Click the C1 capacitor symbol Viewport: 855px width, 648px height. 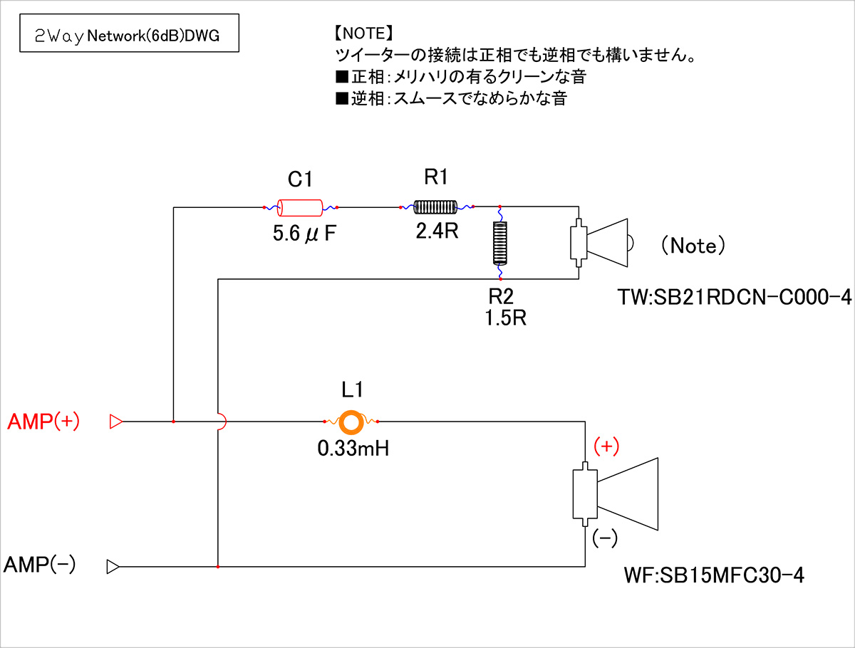pos(300,208)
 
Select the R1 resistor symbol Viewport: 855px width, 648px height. pos(435,207)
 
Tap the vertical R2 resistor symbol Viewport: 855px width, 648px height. pos(500,242)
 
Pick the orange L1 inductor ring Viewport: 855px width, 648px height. pos(351,422)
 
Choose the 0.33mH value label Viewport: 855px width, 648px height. pos(353,449)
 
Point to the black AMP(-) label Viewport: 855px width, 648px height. pos(40,565)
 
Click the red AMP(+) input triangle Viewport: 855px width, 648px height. pos(115,422)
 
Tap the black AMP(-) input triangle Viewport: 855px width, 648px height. pos(113,567)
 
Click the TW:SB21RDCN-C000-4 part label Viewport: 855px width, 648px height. pos(735,298)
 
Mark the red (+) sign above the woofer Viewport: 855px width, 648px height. pos(606,446)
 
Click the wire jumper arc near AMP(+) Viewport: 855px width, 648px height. pos(222,422)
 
